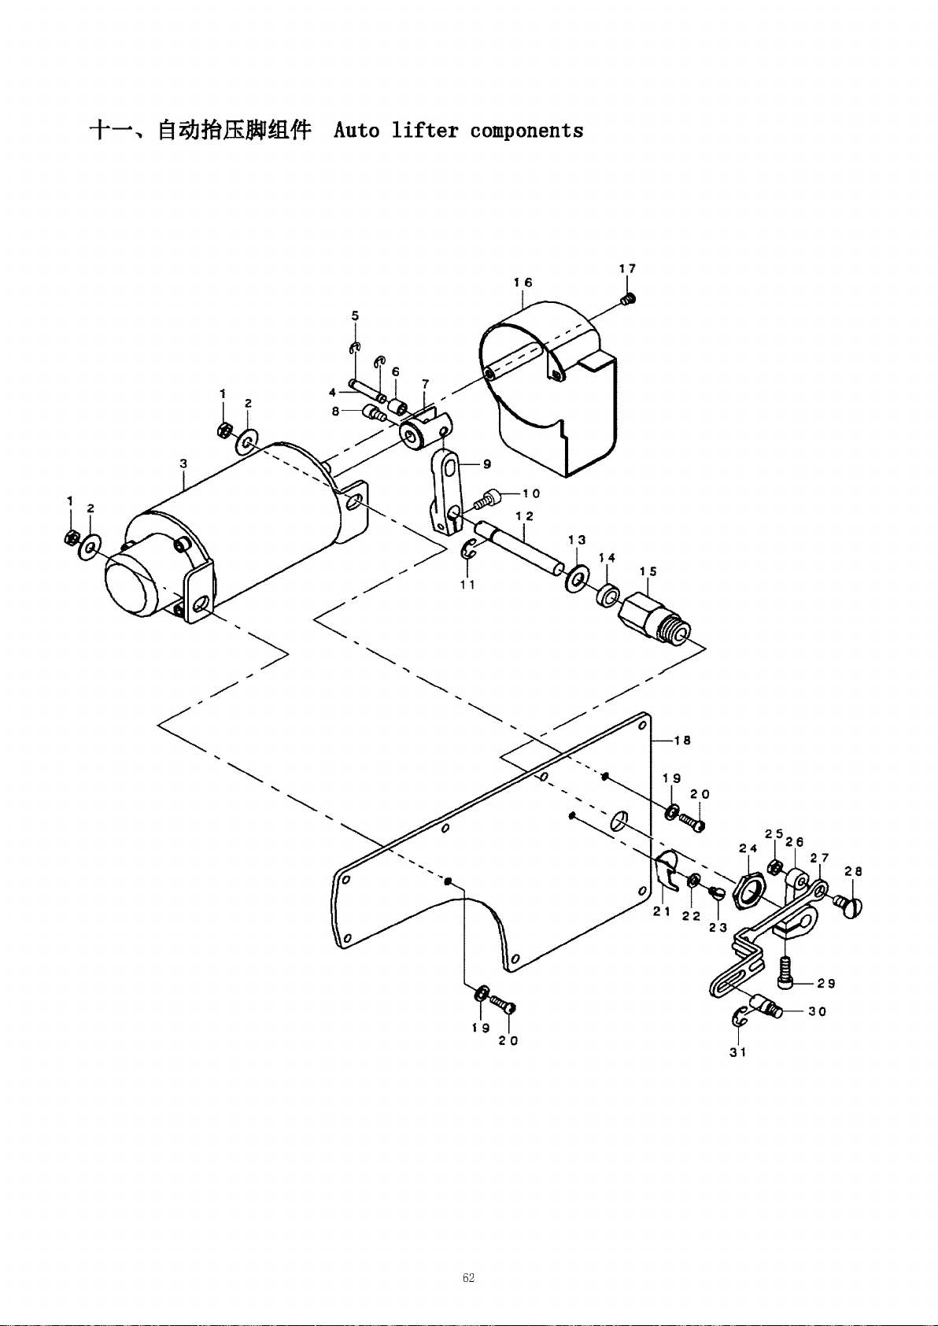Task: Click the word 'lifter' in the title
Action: pyautogui.click(x=425, y=130)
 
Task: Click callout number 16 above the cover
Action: pyautogui.click(x=523, y=283)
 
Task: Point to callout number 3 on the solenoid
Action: pyautogui.click(x=184, y=464)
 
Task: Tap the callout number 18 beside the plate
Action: pyautogui.click(x=682, y=740)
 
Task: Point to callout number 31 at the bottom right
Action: pyautogui.click(x=738, y=1052)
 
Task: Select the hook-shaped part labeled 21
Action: pyautogui.click(x=667, y=870)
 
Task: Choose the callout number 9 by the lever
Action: pyautogui.click(x=487, y=464)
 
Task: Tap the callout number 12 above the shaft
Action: pyautogui.click(x=525, y=516)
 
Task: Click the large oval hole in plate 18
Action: pyautogui.click(x=618, y=821)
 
